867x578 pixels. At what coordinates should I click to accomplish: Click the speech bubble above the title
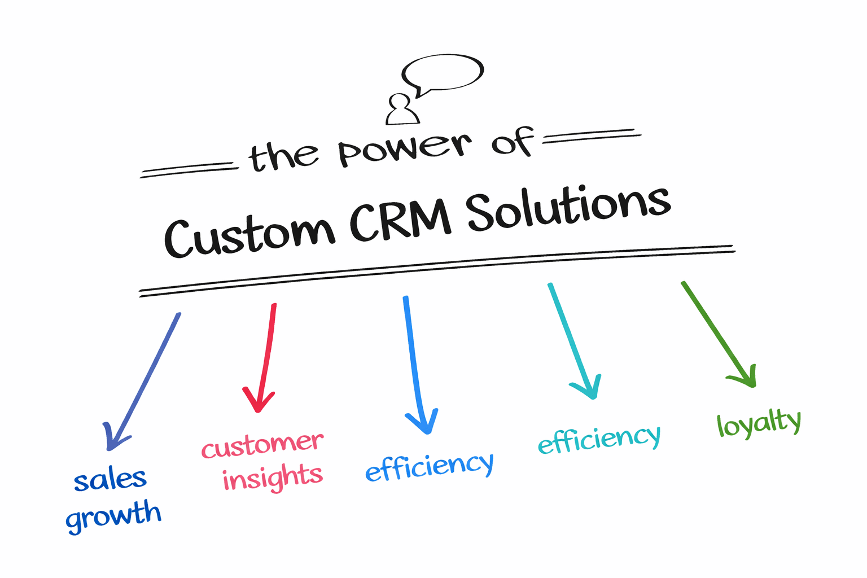443,73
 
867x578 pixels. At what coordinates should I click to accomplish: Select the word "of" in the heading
512,141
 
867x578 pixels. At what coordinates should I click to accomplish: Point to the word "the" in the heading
283,156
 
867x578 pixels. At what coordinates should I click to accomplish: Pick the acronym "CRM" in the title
400,217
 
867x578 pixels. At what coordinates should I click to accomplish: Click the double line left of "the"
188,170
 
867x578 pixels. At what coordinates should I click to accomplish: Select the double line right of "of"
592,136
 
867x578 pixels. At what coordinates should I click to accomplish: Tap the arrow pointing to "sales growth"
144,381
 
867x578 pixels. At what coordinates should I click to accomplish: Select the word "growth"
113,514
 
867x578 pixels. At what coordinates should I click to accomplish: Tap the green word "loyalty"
759,423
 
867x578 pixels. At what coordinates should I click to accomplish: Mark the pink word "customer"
262,445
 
